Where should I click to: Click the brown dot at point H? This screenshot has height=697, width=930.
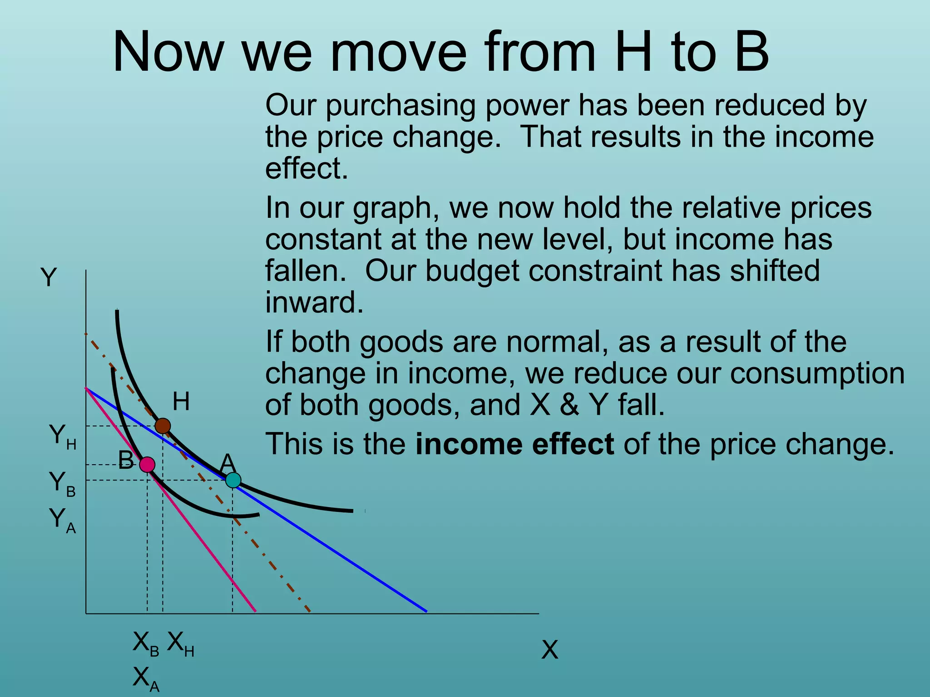(163, 426)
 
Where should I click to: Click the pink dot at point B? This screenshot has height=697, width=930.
(147, 465)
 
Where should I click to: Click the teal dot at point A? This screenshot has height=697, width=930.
(233, 480)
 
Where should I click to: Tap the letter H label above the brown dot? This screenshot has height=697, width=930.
(181, 402)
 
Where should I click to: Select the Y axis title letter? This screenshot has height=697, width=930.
(49, 277)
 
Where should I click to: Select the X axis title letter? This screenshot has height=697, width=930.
(549, 650)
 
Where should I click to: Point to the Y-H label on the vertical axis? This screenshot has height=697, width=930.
(62, 437)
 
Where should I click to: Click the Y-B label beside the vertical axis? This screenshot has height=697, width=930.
(62, 484)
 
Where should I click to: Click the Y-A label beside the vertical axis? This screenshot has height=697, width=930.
(62, 520)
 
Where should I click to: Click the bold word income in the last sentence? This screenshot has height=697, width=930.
(469, 444)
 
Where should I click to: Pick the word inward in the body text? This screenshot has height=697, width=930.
(314, 302)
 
